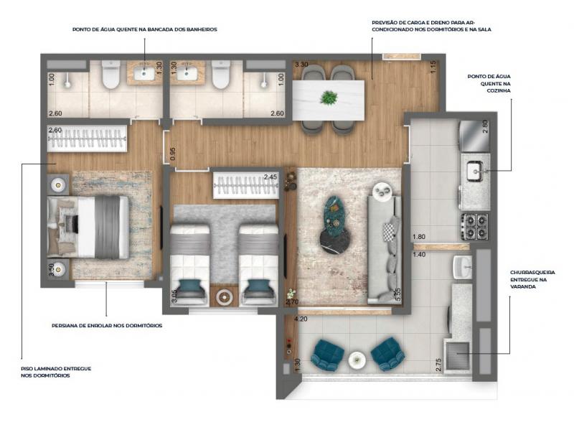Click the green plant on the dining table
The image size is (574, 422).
click(329, 98)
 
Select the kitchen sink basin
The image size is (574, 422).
click(476, 171)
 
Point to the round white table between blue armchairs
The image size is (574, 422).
click(357, 360)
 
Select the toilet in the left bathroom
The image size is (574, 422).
click(111, 75)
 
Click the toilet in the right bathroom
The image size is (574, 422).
click(221, 75)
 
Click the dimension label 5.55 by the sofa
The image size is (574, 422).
click(398, 294)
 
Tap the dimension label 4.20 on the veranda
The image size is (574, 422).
click(301, 319)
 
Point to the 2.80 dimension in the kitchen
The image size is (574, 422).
click(485, 127)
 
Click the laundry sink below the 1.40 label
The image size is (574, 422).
click(463, 267)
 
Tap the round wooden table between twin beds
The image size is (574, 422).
click(224, 296)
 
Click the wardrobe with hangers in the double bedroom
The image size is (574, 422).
click(87, 139)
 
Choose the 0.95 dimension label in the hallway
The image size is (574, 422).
click(173, 154)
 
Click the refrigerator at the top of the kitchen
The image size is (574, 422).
click(475, 136)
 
